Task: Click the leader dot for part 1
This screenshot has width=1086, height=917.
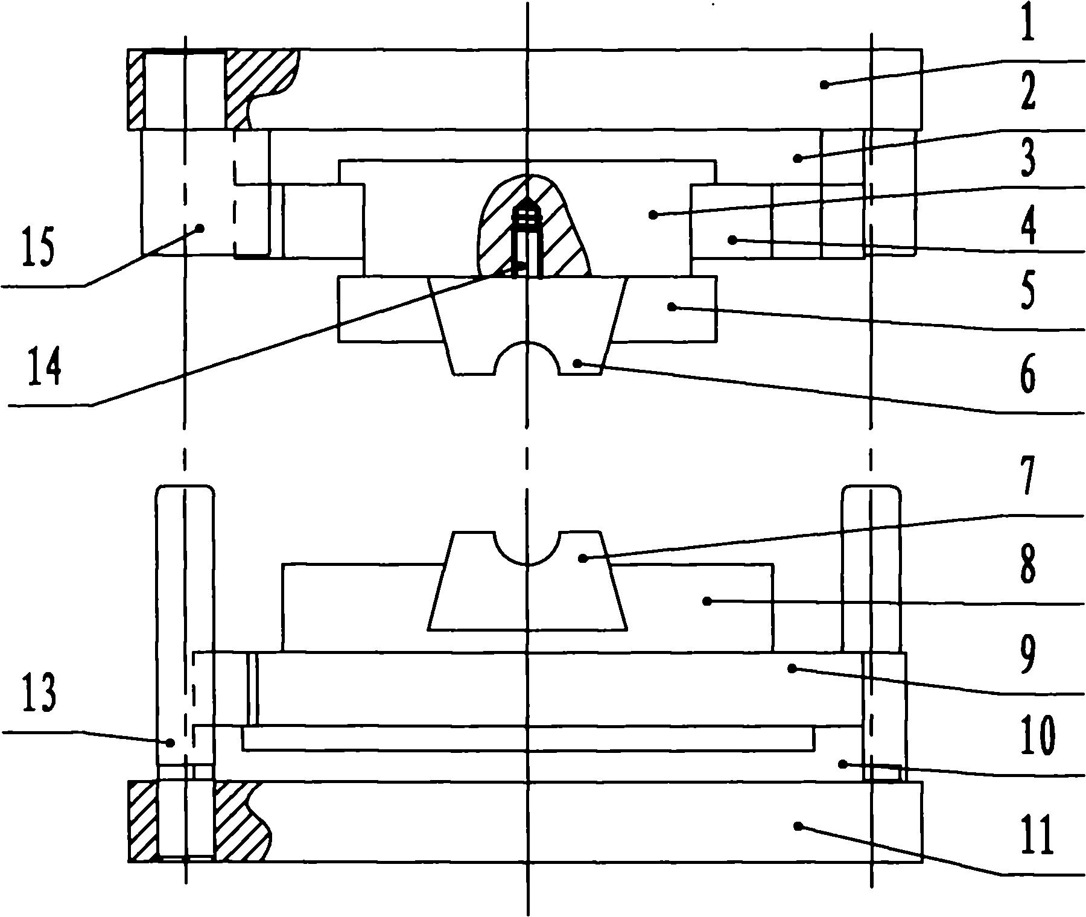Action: pos(823,85)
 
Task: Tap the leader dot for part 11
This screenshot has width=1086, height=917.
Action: pos(798,826)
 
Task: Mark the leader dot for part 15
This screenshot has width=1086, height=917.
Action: pos(200,227)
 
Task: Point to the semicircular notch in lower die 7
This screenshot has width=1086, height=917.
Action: pos(527,547)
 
